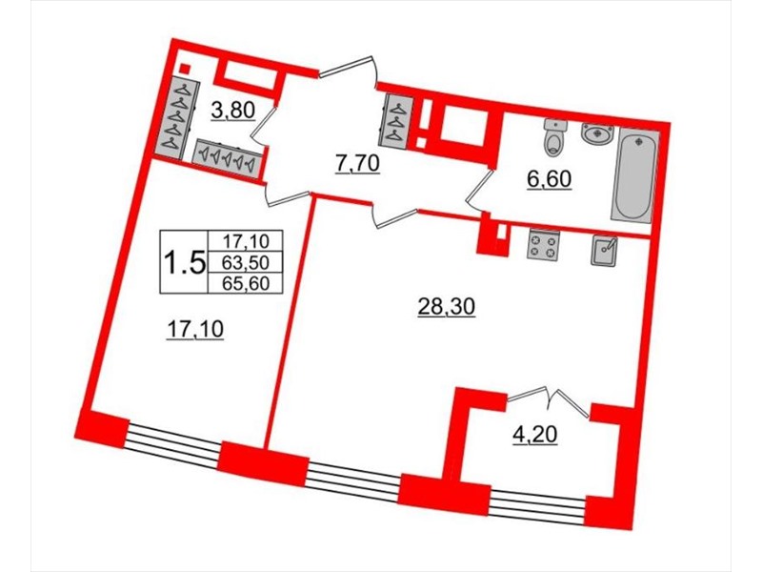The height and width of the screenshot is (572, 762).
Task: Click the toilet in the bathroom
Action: [554, 137]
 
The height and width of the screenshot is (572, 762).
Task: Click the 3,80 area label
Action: [232, 112]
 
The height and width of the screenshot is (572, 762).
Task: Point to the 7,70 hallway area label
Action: [356, 164]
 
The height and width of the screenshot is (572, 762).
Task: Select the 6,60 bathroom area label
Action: [549, 179]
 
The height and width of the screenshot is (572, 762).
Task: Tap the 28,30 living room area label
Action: [446, 307]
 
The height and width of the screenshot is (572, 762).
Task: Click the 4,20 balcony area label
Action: [535, 434]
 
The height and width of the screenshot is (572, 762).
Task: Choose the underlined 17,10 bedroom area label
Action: [195, 330]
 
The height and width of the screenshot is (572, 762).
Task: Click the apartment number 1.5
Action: [184, 263]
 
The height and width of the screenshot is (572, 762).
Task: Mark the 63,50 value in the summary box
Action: [245, 263]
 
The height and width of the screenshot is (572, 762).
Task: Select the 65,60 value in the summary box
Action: [245, 283]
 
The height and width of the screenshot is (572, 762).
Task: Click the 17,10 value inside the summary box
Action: [245, 241]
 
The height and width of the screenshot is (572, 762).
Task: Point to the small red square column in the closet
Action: [184, 69]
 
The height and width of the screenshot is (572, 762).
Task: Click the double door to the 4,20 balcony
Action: [550, 401]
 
